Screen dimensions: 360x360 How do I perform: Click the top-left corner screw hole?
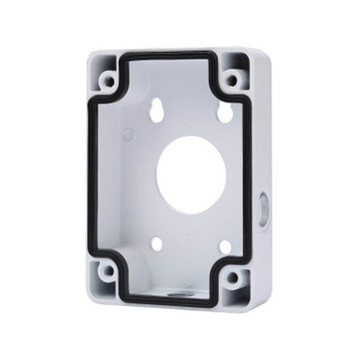point(108,81)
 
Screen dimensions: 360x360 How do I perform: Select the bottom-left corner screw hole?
point(108,271)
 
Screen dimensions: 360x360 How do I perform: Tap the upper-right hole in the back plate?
point(223,114)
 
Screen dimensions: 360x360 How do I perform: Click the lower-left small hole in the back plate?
point(157,243)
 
